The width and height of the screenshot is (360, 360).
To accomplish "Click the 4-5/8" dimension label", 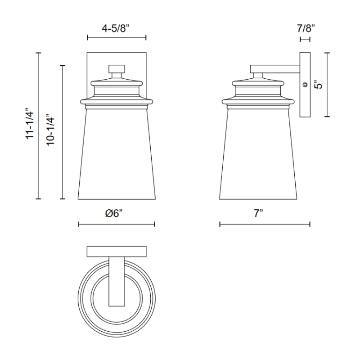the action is (116, 29).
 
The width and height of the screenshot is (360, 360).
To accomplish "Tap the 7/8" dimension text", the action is (306, 28).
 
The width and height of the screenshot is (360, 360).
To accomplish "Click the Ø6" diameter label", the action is (114, 213).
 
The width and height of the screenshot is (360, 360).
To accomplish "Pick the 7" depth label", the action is (258, 213).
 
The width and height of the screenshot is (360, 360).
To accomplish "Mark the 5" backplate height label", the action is (319, 85).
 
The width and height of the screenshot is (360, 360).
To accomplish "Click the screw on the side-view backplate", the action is (305, 85).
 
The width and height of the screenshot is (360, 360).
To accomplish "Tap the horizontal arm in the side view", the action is (275, 69).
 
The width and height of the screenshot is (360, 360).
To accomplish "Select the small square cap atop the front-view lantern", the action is (117, 68).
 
